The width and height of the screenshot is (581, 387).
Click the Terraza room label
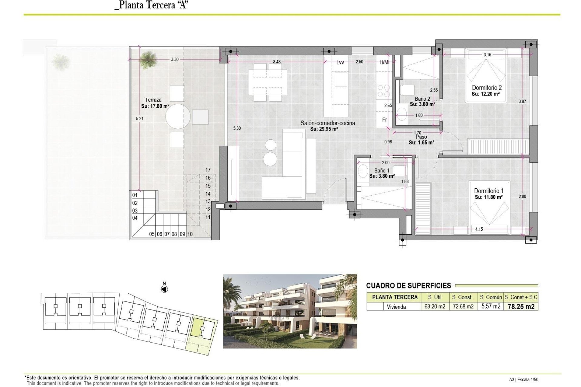click(153, 100)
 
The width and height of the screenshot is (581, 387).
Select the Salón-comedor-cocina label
click(327, 123)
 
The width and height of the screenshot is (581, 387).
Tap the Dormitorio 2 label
click(487, 88)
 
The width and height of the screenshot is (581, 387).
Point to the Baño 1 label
click(382, 171)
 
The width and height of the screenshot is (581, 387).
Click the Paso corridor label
click(421, 137)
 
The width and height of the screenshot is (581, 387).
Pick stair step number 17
click(208, 170)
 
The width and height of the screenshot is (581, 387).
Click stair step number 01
click(135, 195)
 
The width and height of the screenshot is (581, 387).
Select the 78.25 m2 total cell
click(521, 307)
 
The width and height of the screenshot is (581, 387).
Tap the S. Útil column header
click(435, 297)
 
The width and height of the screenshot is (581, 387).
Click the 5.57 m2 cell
click(491, 306)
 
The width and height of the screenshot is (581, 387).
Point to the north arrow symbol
click(164, 289)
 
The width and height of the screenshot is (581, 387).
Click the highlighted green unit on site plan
click(198, 327)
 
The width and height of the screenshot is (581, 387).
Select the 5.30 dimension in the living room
click(237, 128)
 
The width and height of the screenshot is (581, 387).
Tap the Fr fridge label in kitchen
click(384, 120)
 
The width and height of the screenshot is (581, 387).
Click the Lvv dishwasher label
click(340, 63)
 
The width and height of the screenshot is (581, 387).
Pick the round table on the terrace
click(178, 116)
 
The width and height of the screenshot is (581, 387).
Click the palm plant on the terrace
click(148, 59)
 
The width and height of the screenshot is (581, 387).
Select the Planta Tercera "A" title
click(152, 5)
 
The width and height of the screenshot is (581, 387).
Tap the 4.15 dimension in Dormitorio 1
click(479, 229)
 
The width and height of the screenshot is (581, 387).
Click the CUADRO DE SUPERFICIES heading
click(408, 285)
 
